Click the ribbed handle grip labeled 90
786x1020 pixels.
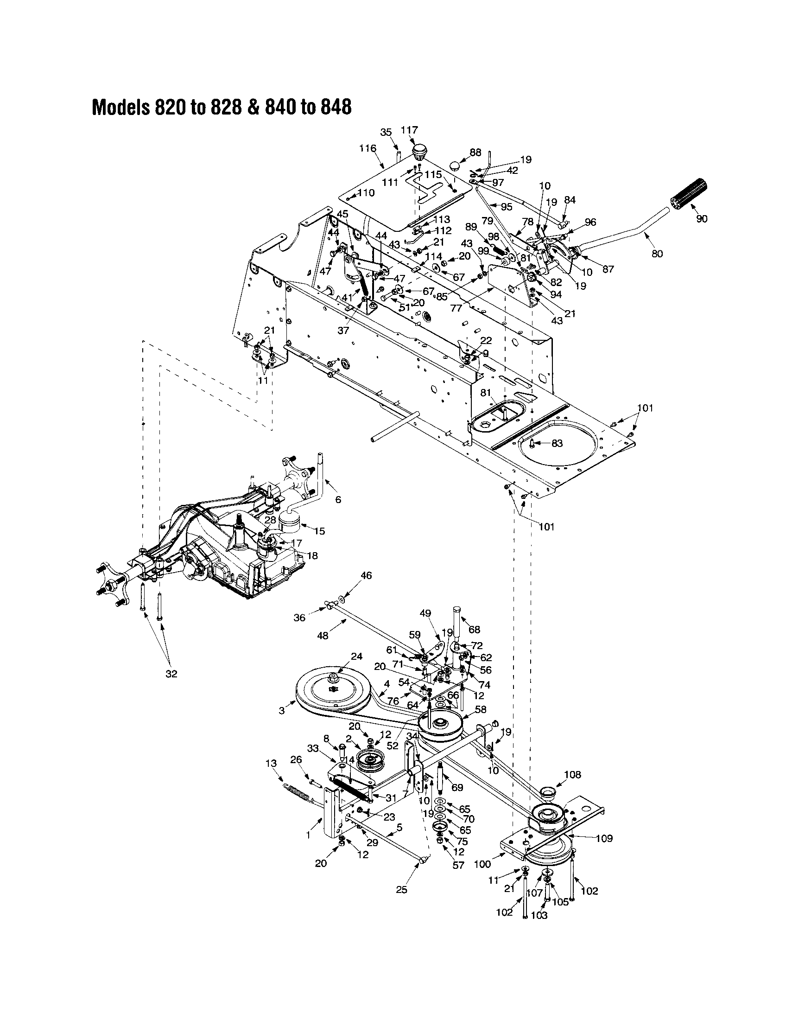tap(690, 194)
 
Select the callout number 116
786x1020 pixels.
tap(368, 148)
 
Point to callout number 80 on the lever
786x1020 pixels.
tap(657, 254)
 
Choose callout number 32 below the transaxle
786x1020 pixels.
tap(171, 674)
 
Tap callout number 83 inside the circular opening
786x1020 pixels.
tap(557, 443)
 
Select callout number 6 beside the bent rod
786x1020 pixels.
tap(338, 500)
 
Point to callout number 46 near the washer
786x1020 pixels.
tap(367, 576)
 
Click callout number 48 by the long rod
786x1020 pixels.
tap(323, 635)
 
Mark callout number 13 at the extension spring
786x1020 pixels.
tap(271, 763)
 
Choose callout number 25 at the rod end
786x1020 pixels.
tap(401, 890)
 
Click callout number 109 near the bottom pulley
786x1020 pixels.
tap(604, 838)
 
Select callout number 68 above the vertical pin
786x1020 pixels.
tap(474, 629)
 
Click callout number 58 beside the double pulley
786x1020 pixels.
tap(480, 709)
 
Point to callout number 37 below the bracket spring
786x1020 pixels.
tap(343, 330)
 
